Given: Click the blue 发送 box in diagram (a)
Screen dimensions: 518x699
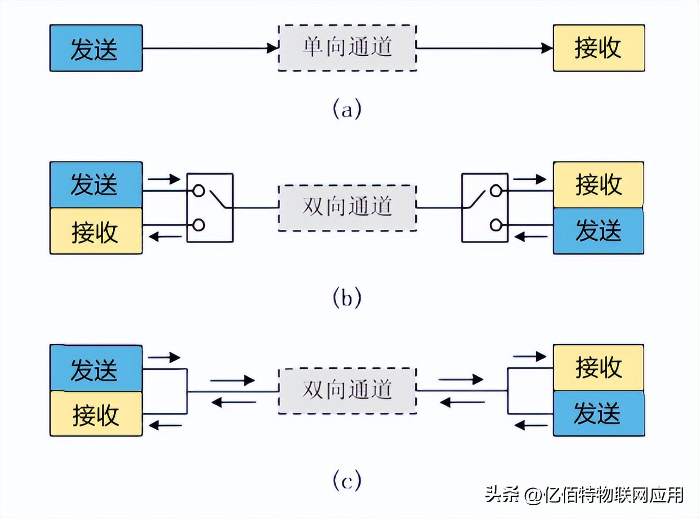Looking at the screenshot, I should coord(96,48).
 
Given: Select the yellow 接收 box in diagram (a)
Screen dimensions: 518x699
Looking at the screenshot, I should coord(598,48).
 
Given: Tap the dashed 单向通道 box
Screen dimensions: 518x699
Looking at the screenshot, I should coord(347,48).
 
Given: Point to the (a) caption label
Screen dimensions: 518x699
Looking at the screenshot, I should coord(347,109).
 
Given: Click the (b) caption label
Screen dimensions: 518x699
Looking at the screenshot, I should coord(347,297).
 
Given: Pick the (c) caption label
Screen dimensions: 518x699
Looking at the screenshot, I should coord(347,481).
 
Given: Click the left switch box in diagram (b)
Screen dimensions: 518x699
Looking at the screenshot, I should coord(210,207).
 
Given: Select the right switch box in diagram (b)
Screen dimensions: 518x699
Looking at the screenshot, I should coord(485,207).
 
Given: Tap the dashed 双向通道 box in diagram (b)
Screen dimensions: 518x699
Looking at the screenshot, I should coord(347,207).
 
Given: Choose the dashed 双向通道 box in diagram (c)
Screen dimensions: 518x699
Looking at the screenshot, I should coord(347,390).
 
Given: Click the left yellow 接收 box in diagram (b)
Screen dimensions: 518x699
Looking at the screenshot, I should coord(96,231).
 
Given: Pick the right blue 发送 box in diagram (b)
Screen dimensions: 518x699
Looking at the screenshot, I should coord(598,231).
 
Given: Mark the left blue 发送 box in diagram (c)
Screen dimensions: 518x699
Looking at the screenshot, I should coord(96,368).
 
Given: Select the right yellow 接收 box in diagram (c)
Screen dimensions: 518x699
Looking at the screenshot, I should coord(598,367).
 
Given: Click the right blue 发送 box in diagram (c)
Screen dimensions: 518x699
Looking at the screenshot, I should coord(598,413).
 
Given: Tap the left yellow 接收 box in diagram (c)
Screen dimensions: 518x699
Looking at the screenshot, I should coord(96,414).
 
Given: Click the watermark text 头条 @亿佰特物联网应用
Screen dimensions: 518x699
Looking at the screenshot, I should coord(584,495).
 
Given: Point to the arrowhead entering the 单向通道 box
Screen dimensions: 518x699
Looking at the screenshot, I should coord(273,48).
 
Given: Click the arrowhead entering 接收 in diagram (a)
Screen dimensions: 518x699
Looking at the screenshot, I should coord(547,48).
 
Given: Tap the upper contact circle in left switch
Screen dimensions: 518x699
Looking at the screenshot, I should coord(198,191).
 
